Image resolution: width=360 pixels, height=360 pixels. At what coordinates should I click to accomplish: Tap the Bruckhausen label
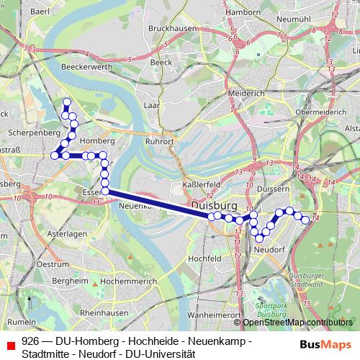171,27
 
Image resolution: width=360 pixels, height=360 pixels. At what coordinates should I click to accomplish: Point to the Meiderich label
246,94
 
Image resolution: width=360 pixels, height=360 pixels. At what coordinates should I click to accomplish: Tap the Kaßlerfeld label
194,184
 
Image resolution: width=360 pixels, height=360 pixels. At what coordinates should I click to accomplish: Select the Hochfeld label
204,258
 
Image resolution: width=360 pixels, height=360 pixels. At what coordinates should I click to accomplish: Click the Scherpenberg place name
35,133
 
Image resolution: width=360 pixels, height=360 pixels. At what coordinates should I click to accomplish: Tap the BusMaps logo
326,344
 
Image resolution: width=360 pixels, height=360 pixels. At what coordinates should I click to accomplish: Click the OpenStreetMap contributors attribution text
292,322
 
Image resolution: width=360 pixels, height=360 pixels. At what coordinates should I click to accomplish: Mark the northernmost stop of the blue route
67,102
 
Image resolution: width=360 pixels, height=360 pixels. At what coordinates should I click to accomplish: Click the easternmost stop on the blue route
305,220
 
